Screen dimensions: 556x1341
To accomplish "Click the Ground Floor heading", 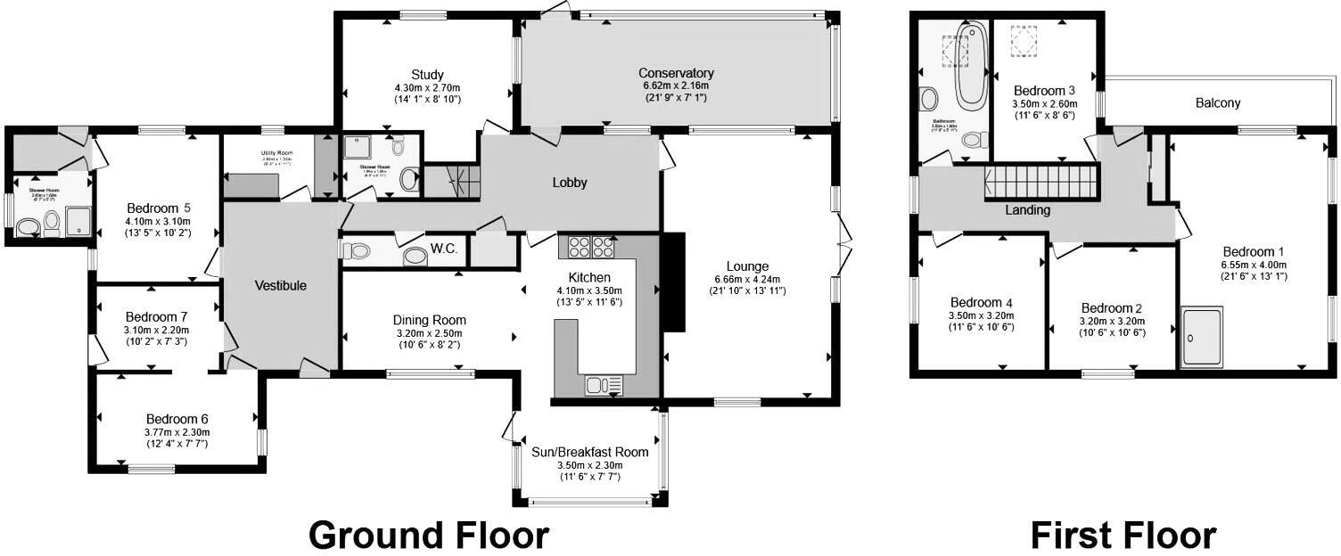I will pos(429,536).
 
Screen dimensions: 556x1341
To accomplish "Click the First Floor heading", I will pos(1123,536).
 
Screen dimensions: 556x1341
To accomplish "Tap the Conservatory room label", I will pos(676,73).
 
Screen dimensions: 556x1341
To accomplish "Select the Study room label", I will pos(428,74).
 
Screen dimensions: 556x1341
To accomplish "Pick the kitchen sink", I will pos(604,385).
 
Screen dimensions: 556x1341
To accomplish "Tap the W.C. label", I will pos(443,249).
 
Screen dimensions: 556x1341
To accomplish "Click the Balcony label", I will pos(1218,103).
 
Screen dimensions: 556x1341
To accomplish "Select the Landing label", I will pos(1027,210).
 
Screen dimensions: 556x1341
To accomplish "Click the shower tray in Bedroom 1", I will pos(1202,337).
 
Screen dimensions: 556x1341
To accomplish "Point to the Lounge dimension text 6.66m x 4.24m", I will pos(747,279).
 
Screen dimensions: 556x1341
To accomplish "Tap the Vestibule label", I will pos(281,286).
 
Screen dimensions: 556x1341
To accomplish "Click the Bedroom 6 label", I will pos(177,419).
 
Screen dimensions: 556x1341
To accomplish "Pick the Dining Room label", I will pos(430,321).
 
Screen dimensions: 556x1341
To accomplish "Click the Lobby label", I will pos(570,183).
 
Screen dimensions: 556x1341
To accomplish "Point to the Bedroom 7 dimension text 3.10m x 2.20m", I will pos(156,330).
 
